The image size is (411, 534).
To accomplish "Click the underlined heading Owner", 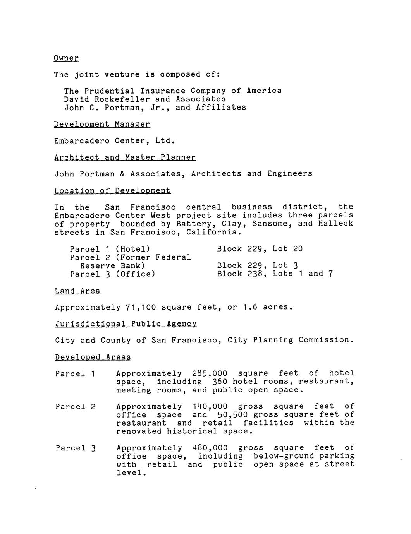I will [x=66, y=58].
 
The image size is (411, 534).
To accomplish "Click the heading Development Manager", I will [x=102, y=124].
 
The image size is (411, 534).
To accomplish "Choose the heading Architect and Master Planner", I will [x=125, y=157].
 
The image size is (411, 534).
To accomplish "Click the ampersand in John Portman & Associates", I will [x=122, y=174].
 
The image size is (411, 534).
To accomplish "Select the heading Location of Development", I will [x=112, y=191].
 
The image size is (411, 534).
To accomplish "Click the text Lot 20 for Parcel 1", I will [x=287, y=249].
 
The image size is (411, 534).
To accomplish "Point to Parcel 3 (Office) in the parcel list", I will [x=112, y=274].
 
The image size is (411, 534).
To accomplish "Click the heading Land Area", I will [x=77, y=291].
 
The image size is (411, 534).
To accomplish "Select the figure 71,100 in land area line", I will [x=141, y=308].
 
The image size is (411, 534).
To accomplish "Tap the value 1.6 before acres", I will [x=250, y=308].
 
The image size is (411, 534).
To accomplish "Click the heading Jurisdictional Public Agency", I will [x=126, y=324].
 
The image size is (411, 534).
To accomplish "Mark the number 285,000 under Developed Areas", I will [x=210, y=373].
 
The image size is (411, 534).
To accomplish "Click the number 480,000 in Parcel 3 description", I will [x=210, y=448].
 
